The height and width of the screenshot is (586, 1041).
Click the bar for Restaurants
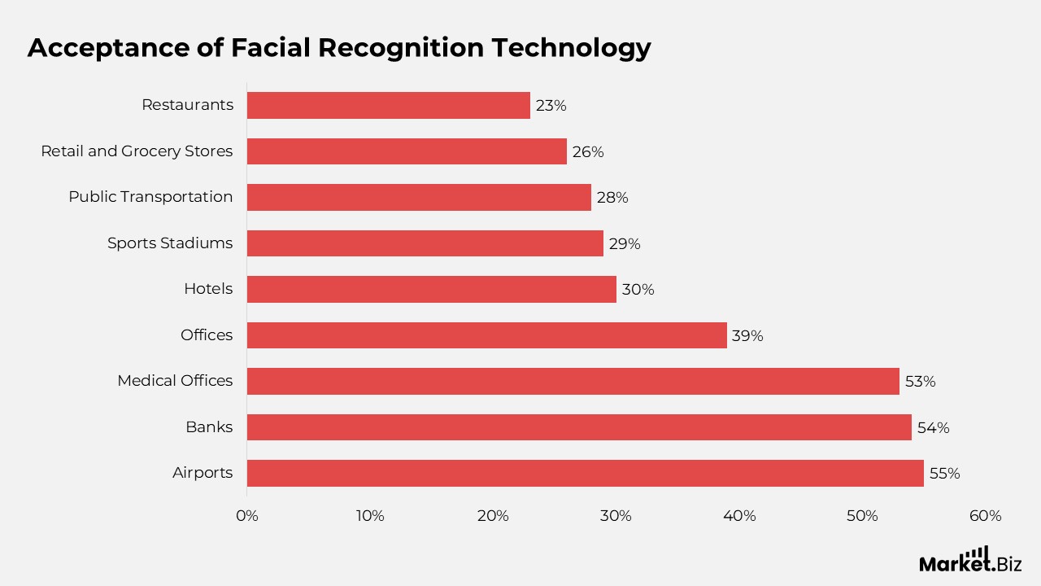click(388, 105)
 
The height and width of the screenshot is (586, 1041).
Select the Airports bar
click(585, 473)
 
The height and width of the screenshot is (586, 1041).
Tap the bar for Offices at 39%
click(486, 335)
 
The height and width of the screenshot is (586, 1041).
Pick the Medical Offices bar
click(573, 381)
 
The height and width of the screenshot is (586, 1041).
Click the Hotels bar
click(431, 289)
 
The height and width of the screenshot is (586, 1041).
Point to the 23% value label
click(551, 106)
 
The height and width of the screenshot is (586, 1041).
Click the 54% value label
click(933, 427)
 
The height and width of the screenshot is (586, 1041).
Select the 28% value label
click(612, 198)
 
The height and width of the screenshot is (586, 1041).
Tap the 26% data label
click(588, 152)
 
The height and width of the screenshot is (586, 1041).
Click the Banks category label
click(209, 427)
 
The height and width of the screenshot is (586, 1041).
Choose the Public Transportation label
click(150, 197)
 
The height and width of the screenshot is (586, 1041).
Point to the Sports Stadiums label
click(170, 243)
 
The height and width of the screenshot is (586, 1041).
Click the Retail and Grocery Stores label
click(137, 151)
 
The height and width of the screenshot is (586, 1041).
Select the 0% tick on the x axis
click(246, 516)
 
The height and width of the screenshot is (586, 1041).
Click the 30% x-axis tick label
click(616, 516)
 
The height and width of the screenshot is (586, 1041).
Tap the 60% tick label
click(985, 516)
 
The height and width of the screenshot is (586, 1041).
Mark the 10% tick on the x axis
click(369, 516)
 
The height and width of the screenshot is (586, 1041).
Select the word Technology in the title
click(571, 49)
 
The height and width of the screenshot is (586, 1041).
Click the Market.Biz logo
click(970, 561)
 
